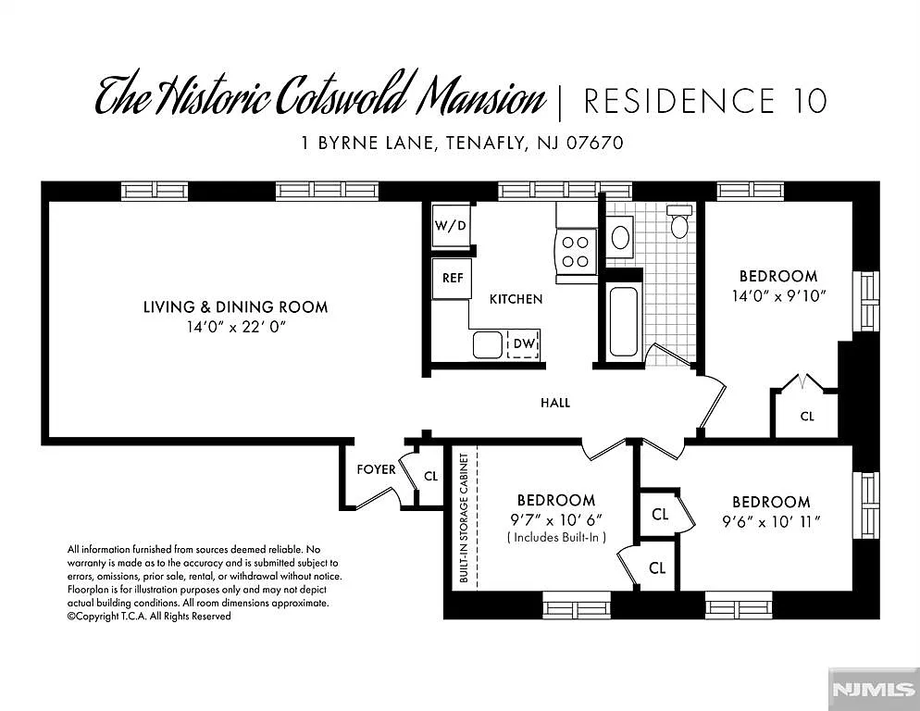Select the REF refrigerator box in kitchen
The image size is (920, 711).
[452, 278]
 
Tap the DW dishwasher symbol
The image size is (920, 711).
[524, 343]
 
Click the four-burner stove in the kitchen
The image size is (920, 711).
[576, 250]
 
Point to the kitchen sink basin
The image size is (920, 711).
[488, 344]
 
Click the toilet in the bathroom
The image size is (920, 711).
[679, 222]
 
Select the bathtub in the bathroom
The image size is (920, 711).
[623, 321]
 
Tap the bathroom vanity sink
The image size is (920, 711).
[621, 237]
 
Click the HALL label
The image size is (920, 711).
[555, 403]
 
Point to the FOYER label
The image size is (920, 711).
[377, 469]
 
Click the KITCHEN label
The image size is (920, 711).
[516, 299]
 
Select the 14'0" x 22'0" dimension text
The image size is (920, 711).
[235, 328]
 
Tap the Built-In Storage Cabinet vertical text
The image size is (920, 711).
[464, 518]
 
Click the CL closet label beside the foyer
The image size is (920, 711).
[430, 477]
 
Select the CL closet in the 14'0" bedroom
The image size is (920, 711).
[807, 417]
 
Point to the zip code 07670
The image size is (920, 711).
[594, 143]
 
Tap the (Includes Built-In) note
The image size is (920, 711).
[556, 537]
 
